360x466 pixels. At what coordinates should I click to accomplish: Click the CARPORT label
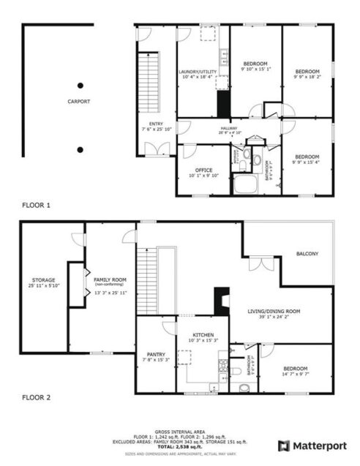pos(79,102)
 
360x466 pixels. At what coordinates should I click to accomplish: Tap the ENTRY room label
pos(156,124)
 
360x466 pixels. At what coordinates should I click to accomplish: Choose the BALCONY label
pos(307,254)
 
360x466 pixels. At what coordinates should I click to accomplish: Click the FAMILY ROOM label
pos(110,280)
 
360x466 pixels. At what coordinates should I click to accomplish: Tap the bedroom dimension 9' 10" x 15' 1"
pos(255,69)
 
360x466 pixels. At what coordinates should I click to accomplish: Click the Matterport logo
pos(308,445)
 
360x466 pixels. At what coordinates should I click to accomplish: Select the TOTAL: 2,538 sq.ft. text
pos(180,446)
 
